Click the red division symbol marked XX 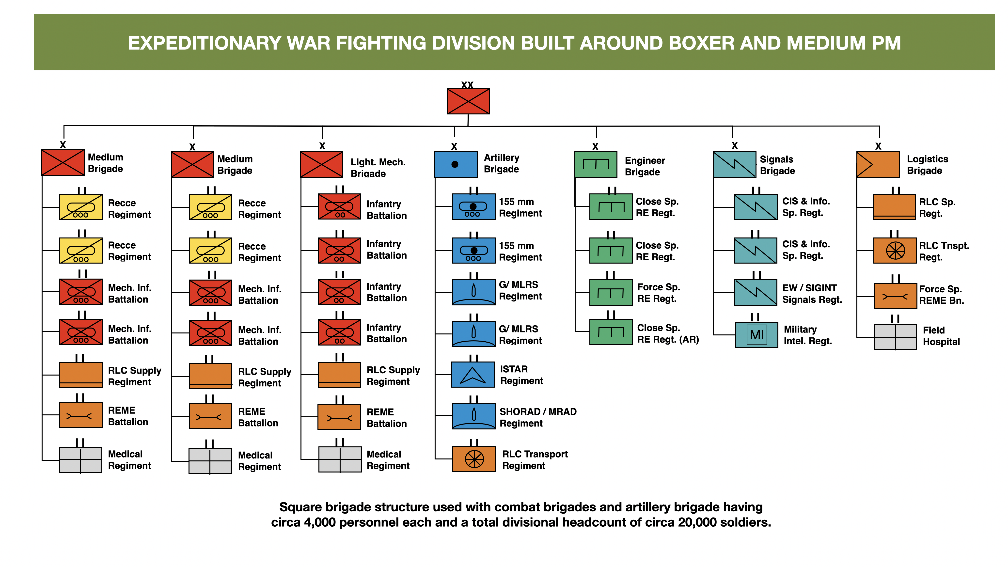(468, 101)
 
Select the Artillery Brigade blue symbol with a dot (456, 164)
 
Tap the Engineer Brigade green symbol (596, 164)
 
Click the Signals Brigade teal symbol (735, 164)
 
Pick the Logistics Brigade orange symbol (878, 164)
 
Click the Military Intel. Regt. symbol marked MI (756, 335)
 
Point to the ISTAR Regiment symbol (473, 375)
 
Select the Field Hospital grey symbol (895, 336)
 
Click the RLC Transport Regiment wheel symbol (474, 459)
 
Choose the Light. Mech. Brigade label (378, 168)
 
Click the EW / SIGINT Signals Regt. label (812, 294)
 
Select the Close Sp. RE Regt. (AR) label (668, 334)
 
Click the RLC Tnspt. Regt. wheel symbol (895, 251)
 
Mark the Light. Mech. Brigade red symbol (321, 164)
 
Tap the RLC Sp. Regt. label (937, 208)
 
